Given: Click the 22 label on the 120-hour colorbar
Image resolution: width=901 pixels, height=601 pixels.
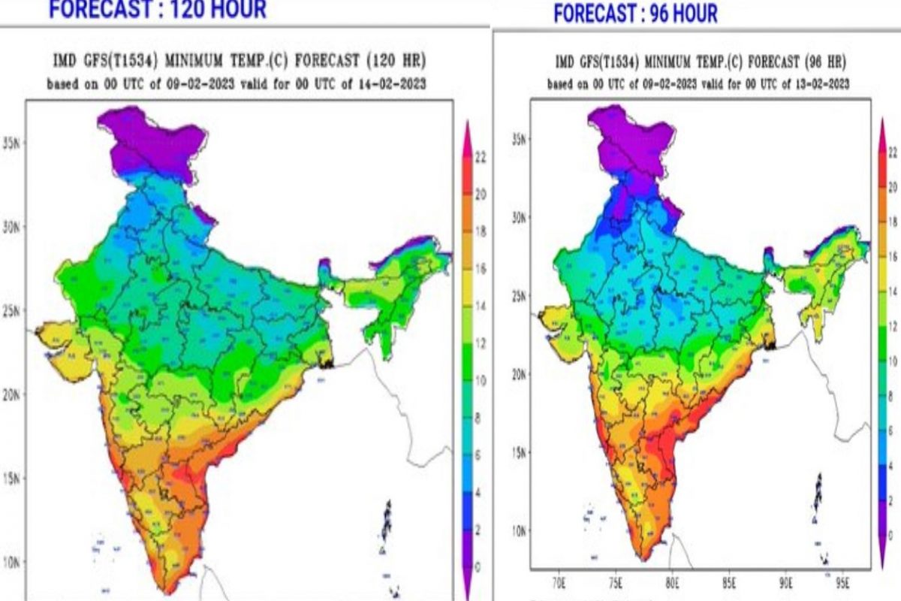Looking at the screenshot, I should click(480, 157).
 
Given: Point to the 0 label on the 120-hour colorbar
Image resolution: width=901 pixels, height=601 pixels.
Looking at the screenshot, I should click(478, 566).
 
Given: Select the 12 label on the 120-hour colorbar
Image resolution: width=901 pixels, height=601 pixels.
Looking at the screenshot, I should click(480, 343).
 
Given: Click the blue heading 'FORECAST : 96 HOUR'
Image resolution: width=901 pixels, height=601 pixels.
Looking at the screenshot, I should click(635, 14).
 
